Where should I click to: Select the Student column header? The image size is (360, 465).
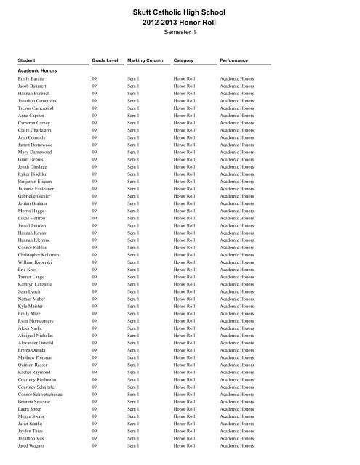click(28, 60)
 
